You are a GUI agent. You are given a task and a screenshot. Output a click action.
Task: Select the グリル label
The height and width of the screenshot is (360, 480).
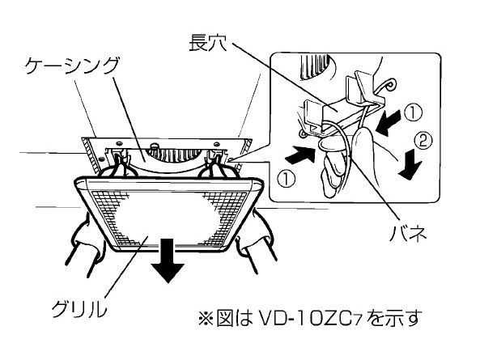tap(80, 308)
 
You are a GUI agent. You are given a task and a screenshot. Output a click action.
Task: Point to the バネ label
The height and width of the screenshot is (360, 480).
tap(408, 234)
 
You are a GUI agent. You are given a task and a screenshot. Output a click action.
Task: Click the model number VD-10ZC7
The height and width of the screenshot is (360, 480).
tap(310, 318)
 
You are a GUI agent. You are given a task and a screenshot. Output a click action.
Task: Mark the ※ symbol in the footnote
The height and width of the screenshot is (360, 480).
tap(206, 318)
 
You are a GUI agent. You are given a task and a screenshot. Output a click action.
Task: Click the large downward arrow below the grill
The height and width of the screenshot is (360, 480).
tap(168, 260)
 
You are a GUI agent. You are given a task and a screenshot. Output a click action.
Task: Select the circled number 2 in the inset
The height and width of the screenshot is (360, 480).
tap(423, 142)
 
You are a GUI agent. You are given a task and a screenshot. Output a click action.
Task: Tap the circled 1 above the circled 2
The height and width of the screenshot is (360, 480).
tap(413, 112)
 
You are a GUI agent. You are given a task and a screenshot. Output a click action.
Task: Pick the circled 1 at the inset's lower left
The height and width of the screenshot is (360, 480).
tap(287, 179)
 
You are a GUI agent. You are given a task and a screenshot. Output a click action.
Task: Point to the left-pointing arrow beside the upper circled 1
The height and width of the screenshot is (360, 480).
tap(389, 123)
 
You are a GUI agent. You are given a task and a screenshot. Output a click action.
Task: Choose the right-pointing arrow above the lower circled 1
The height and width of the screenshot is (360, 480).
tap(300, 154)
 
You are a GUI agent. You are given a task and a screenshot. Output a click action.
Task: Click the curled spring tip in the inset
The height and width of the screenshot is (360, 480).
tap(391, 84)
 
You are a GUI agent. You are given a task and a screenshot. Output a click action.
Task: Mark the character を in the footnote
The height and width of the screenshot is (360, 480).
tap(377, 318)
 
